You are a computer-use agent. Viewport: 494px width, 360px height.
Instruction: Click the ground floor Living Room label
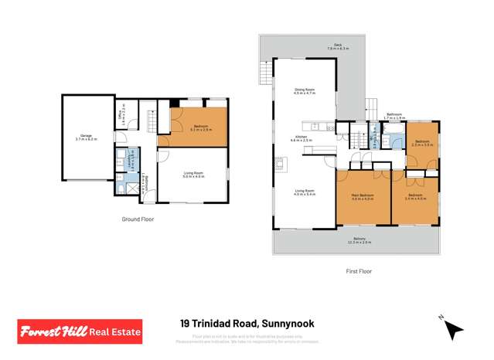pyautogui.click(x=192, y=175)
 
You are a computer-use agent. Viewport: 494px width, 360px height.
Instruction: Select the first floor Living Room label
pyautogui.click(x=305, y=192)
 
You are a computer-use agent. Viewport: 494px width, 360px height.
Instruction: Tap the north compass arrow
pyautogui.click(x=455, y=331)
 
